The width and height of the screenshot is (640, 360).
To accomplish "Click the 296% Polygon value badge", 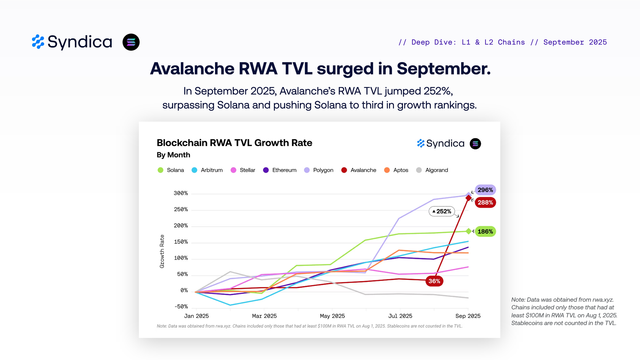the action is pos(485,190).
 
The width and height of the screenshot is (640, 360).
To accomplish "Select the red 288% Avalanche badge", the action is pos(485,203).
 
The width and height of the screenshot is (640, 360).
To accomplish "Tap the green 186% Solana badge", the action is pos(485,231).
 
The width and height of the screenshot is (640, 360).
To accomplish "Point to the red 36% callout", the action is pos(434,281).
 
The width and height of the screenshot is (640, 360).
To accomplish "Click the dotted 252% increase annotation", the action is pos(442,211).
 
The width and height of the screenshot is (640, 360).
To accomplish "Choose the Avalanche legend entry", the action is pos(359,170).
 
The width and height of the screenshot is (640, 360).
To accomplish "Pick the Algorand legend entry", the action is pos(432,170).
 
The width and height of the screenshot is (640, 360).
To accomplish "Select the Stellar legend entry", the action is pos(243,170).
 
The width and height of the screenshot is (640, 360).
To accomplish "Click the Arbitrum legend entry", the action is pos(207,170).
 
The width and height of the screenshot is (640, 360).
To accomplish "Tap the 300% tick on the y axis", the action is pos(181,193).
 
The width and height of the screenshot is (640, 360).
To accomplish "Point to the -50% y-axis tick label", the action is pos(181,307).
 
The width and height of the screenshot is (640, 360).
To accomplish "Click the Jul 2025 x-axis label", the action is pos(400,316).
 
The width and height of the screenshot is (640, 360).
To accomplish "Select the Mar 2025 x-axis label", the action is pos(264,316).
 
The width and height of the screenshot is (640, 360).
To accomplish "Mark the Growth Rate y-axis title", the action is pos(162,252).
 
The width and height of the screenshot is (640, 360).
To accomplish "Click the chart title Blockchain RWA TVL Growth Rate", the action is pos(235,143).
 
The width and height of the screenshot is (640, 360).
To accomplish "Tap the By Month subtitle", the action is pos(173,155).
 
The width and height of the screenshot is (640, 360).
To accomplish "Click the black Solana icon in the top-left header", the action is pos(131,42).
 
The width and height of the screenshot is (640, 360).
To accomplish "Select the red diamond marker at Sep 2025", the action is pos(468,198).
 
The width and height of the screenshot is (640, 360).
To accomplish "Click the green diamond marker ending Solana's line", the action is pos(468,231).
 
